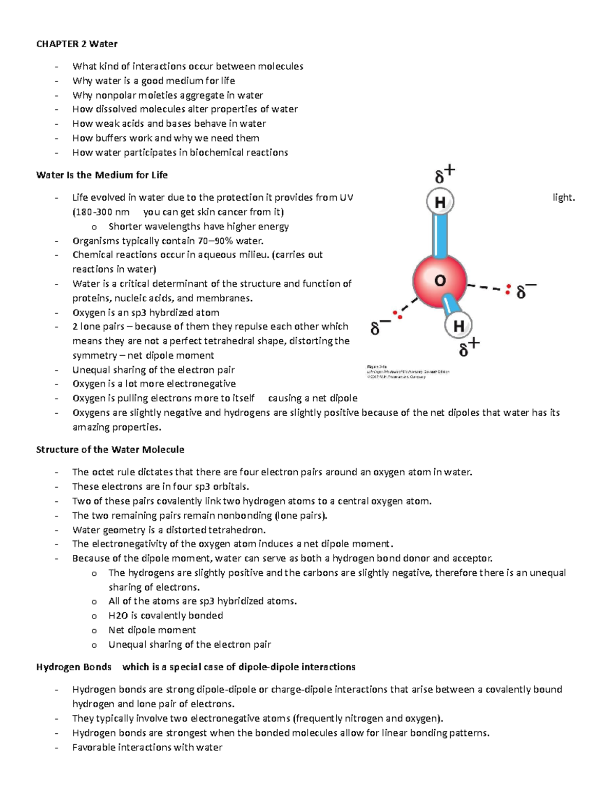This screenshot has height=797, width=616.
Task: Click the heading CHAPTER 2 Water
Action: (76, 44)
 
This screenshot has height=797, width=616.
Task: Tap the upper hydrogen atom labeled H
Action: (440, 202)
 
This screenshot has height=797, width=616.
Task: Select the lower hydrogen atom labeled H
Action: (458, 325)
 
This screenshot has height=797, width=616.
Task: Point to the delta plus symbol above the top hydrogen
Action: (444, 174)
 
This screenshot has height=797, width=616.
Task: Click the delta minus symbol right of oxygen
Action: (526, 291)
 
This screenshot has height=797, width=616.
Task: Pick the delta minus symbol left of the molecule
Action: (379, 327)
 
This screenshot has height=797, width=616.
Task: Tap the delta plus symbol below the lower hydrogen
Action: (468, 348)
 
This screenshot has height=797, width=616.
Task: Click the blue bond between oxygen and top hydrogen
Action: (440, 236)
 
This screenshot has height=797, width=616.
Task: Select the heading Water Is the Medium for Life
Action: (102, 175)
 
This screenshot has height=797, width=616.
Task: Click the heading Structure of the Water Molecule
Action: (110, 450)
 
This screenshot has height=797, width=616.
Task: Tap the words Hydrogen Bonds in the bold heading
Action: (73, 667)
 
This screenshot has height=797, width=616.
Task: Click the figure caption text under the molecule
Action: (408, 372)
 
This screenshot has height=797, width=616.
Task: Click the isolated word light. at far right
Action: (564, 198)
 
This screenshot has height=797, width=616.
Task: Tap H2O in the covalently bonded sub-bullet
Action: (118, 615)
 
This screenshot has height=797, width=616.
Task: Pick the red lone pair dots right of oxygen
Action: (508, 289)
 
